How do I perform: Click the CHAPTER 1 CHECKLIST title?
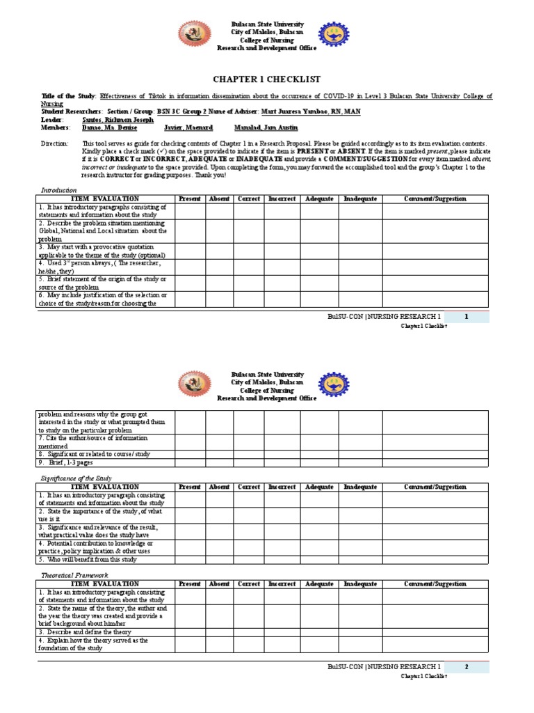266,79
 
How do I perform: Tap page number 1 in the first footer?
467,317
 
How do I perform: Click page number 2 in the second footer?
467,667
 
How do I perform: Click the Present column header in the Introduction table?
189,199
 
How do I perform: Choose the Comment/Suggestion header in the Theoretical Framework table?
435,584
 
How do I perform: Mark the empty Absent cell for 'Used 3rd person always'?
219,268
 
